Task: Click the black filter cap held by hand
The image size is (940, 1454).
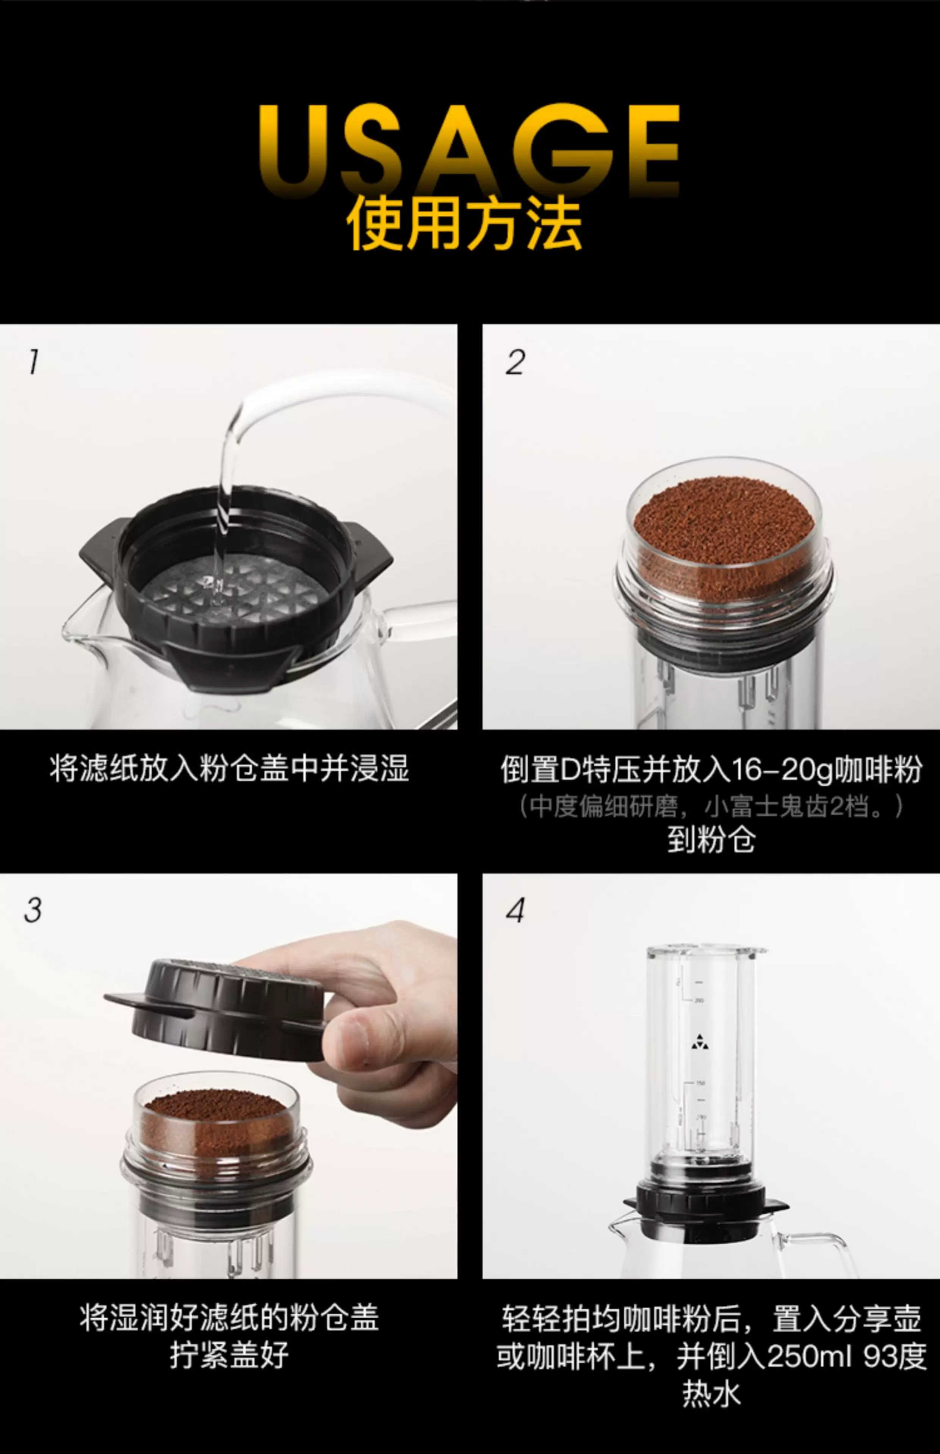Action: (x=220, y=1007)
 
